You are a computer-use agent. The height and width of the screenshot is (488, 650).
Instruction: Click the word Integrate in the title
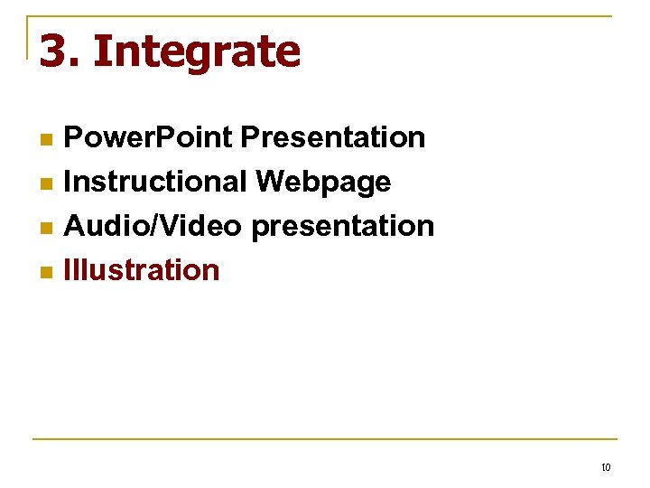(x=196, y=52)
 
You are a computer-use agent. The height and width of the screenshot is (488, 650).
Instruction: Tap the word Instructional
(x=154, y=182)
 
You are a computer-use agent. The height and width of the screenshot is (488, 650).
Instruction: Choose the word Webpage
(x=322, y=183)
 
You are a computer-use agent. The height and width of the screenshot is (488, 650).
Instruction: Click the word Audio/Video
(x=153, y=226)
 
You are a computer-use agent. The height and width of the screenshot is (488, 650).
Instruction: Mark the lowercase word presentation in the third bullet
(x=342, y=227)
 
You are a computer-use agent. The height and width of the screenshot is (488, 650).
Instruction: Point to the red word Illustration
(x=142, y=270)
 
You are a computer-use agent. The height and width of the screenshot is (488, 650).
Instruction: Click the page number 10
(x=605, y=467)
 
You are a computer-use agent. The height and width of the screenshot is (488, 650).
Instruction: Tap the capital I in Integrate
(x=98, y=52)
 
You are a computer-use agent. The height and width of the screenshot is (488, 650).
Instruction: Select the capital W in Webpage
(x=269, y=182)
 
